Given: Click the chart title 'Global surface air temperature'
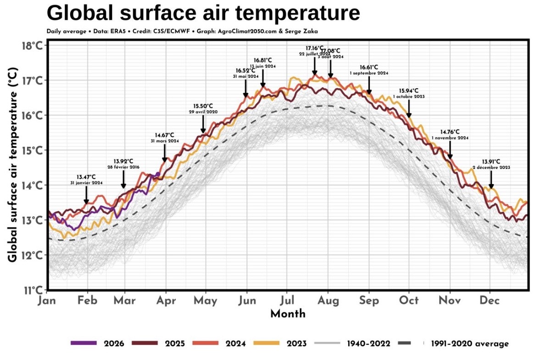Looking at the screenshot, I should click(x=203, y=13).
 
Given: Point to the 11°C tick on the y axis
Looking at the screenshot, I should click(x=33, y=290).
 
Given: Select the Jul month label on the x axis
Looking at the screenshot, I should click(x=287, y=300).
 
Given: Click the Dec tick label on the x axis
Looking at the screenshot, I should click(x=490, y=300).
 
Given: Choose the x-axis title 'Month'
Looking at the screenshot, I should click(x=288, y=314).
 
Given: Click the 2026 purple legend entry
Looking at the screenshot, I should click(x=97, y=343).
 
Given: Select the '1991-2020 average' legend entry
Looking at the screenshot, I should click(x=466, y=343).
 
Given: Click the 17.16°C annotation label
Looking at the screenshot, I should click(x=315, y=48).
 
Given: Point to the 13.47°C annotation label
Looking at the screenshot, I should click(x=86, y=177).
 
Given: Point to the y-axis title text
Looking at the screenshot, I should click(x=13, y=165).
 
